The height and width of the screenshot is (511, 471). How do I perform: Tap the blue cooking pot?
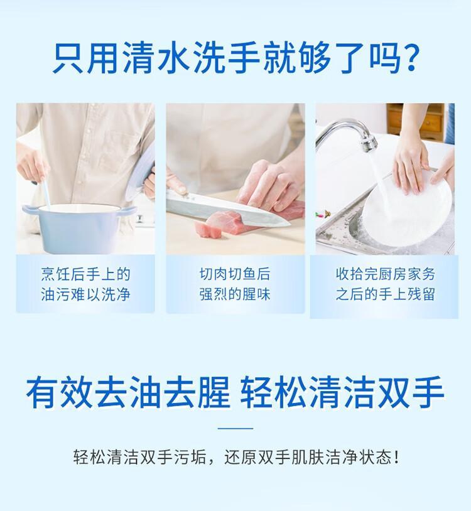78,228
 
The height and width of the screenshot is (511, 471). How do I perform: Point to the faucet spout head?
369,143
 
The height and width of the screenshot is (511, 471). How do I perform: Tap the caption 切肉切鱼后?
235,274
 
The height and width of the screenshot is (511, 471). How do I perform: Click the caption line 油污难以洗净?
85,294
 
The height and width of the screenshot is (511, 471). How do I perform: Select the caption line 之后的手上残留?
385,294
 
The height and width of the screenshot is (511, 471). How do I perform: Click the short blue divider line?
235,428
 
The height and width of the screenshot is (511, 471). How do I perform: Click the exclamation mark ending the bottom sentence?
396,457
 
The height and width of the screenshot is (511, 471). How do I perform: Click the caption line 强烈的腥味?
235,294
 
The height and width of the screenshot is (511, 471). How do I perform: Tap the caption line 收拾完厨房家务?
385,274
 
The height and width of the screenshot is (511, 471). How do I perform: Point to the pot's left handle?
29,210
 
